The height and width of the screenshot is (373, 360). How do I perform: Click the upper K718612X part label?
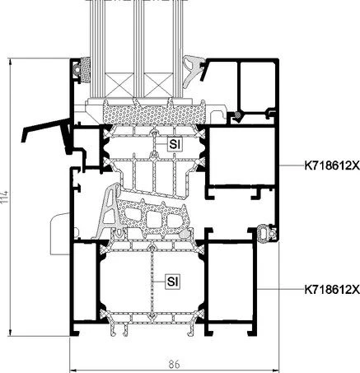[332, 166]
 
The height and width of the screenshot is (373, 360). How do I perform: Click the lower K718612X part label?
[332, 290]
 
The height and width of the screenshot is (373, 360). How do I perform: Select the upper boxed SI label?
[175, 144]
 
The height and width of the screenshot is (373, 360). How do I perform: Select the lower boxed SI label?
[173, 282]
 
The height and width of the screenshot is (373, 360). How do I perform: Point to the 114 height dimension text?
[5, 197]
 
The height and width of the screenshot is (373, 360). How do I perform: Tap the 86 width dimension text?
[174, 364]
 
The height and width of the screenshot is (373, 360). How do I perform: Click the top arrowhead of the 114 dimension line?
[11, 62]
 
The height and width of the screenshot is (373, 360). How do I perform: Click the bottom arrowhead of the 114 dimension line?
[11, 333]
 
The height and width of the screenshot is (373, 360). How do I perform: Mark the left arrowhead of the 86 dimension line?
[73, 371]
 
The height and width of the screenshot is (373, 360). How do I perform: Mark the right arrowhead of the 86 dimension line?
[276, 371]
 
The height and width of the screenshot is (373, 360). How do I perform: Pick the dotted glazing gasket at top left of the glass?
[85, 70]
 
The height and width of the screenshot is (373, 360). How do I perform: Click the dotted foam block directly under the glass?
[154, 113]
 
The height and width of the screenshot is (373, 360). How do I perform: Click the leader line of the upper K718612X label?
[292, 166]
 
